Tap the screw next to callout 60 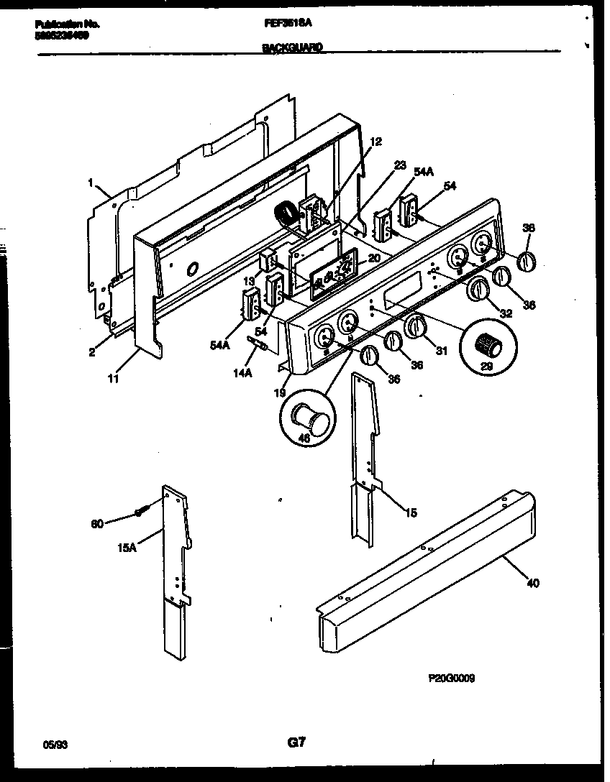coord(141,513)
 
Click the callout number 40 coord(532,583)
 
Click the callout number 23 coord(400,164)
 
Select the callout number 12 coord(375,142)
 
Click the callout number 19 coord(281,393)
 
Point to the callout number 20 coord(374,258)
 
